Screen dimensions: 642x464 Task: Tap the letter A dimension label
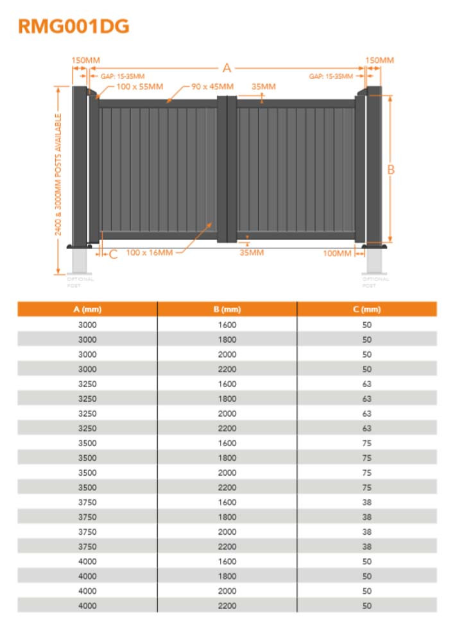[226, 68]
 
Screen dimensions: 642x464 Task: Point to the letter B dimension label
[391, 169]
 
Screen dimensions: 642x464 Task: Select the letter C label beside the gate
[114, 254]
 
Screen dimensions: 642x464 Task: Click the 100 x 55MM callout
[139, 86]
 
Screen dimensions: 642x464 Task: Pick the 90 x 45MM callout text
[212, 86]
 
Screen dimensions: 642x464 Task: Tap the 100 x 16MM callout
[150, 252]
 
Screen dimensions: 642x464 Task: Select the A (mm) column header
[87, 309]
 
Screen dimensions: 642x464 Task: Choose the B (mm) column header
[227, 309]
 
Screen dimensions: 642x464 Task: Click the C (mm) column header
[366, 309]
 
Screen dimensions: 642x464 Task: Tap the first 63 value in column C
[366, 384]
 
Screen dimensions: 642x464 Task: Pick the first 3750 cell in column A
[87, 502]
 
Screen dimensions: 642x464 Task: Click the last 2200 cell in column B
[227, 605]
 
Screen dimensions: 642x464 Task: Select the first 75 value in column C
[366, 443]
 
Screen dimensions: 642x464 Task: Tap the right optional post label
[375, 282]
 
